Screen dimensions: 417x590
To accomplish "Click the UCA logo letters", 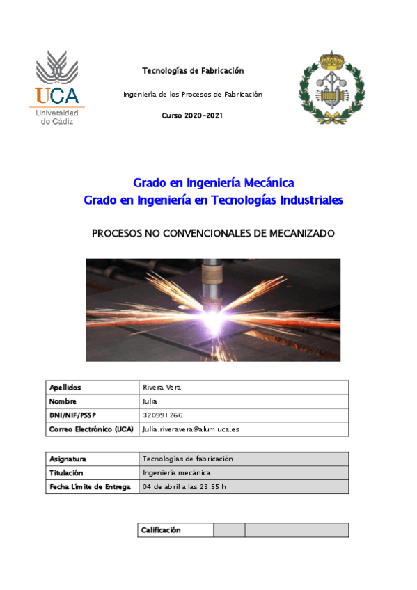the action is click(57, 95).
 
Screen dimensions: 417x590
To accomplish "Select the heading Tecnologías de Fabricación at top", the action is click(193, 71).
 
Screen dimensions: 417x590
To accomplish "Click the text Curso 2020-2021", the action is click(193, 115).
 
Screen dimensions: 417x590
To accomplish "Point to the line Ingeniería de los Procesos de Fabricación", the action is click(193, 94).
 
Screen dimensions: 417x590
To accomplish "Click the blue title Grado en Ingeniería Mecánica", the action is click(214, 183).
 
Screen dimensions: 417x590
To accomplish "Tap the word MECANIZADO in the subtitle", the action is click(300, 234).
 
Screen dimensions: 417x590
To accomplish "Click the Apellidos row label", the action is click(65, 388).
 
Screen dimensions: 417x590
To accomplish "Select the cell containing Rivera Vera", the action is click(162, 388).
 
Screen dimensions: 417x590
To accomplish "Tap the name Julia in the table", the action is click(150, 401).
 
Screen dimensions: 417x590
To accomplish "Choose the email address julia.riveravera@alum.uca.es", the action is click(191, 429).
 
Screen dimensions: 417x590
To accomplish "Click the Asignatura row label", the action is click(68, 459).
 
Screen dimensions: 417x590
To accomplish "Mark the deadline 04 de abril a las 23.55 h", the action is click(184, 486).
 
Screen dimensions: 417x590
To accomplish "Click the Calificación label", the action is click(161, 530).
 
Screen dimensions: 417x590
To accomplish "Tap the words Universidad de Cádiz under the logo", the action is click(56, 117).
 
